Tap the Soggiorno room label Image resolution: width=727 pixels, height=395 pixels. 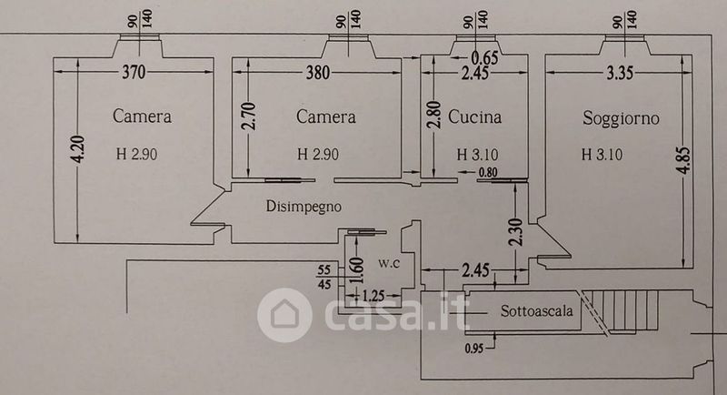coord(622,117)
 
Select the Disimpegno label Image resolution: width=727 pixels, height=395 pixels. coord(304,207)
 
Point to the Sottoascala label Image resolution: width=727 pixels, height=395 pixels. coord(537,311)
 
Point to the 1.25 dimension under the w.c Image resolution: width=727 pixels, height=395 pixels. coord(373,296)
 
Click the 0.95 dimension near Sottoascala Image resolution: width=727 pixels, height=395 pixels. coord(473,347)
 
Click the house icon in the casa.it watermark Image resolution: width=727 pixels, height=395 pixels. coord(285,315)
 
